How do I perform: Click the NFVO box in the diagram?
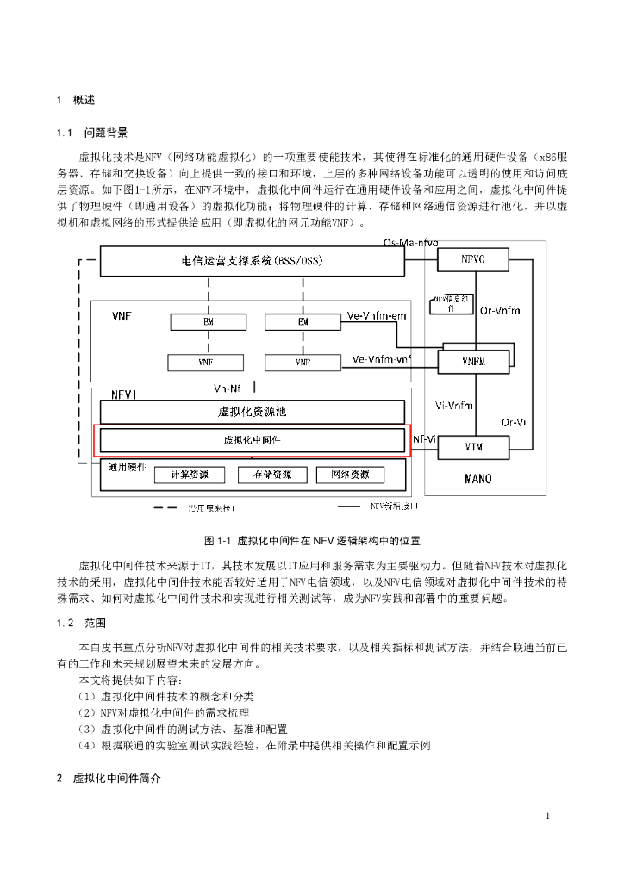[473, 258]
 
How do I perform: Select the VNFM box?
[473, 362]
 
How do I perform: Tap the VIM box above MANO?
[473, 447]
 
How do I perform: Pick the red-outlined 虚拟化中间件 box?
[252, 439]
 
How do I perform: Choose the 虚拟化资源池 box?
[252, 412]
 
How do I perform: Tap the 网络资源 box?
[349, 475]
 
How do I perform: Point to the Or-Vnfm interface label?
[500, 310]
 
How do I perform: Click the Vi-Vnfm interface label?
[453, 405]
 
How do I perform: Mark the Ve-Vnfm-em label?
[376, 316]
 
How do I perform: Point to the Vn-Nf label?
[228, 388]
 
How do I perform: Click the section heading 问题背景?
[106, 133]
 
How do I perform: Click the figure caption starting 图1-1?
[312, 541]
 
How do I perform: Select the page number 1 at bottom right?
[547, 816]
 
